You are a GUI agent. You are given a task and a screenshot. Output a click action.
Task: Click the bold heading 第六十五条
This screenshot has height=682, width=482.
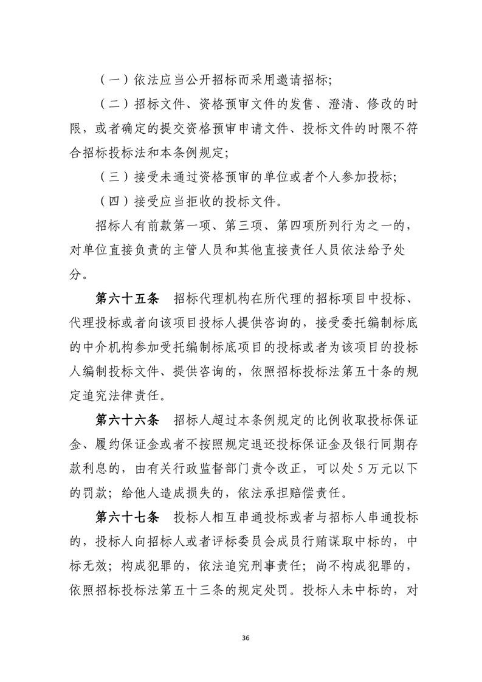(x=127, y=300)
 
